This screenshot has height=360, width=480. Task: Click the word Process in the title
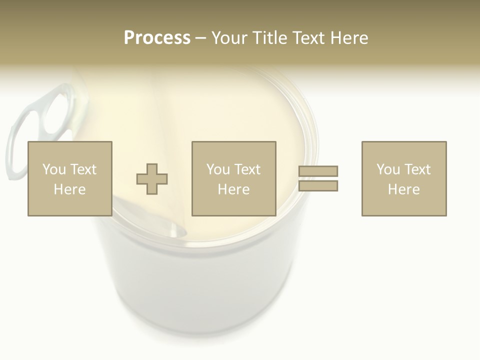point(157,38)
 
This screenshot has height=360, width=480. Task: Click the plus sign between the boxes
point(152,179)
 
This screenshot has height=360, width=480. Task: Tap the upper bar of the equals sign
point(318,171)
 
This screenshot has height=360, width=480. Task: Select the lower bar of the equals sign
point(318,186)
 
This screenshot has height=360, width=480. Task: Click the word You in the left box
point(53,169)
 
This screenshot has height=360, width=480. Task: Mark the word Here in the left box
point(69,189)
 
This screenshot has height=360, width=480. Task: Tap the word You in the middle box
point(218,169)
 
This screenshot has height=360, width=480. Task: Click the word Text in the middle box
point(246,169)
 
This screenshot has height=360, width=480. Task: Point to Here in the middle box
point(233,189)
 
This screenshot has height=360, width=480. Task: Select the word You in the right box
point(388,169)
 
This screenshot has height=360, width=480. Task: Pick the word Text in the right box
point(416,169)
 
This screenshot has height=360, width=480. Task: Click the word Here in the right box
point(403,189)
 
